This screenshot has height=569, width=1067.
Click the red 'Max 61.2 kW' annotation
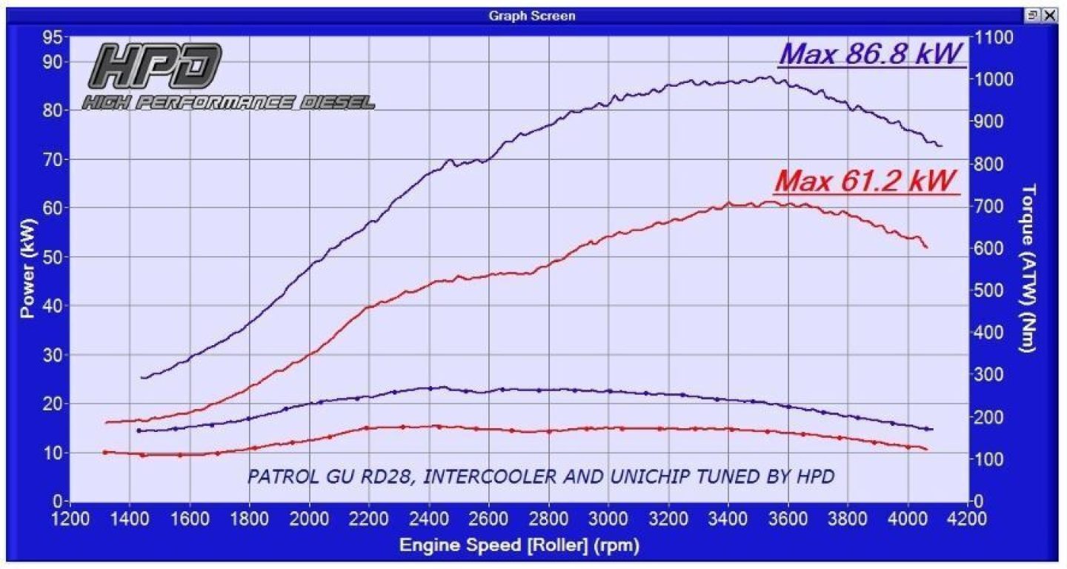pos(865,180)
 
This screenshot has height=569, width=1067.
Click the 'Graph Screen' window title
pos(532,16)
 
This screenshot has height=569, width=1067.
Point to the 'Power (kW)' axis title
pos(28,268)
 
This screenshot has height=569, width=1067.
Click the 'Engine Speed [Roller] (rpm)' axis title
pos(519,546)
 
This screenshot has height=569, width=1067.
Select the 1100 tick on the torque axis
pos(994,36)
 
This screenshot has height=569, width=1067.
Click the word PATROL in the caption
pos(276,476)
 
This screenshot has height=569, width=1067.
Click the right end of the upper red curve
pos(927,247)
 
